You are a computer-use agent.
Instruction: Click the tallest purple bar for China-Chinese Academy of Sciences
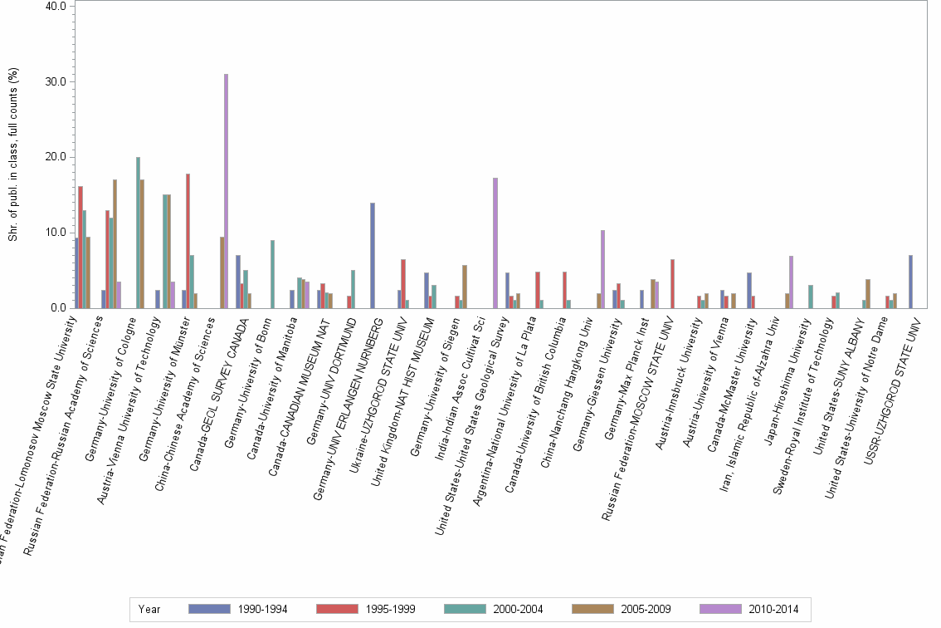(226, 191)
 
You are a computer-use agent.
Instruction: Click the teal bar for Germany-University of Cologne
(138, 233)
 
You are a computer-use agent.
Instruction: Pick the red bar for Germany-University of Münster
(188, 241)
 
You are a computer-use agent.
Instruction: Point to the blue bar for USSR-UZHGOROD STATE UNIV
(910, 282)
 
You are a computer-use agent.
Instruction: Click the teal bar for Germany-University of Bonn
(272, 274)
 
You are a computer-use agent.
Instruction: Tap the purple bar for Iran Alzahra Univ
(791, 282)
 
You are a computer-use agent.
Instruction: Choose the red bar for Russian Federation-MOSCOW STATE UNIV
(672, 283)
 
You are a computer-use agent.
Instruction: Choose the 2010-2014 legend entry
(749, 610)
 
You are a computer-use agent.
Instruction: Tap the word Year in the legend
(150, 610)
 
